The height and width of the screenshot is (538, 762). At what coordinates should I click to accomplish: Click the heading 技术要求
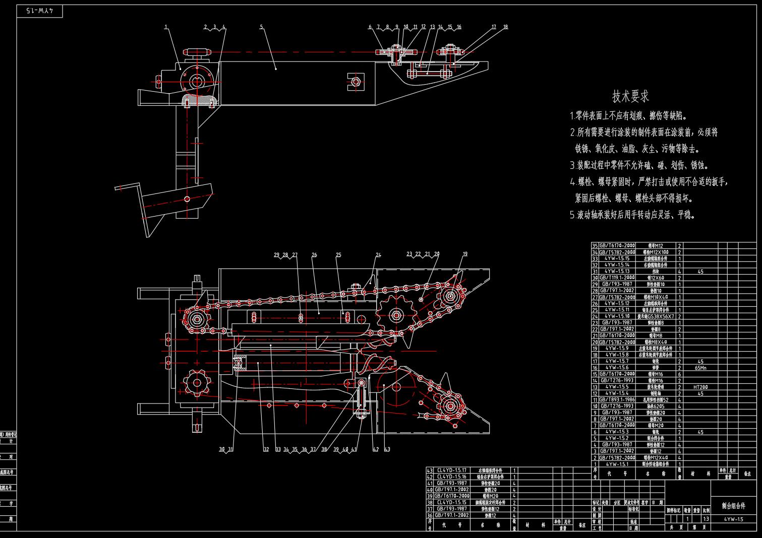click(630, 96)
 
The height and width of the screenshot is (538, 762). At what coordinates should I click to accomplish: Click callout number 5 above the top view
click(261, 27)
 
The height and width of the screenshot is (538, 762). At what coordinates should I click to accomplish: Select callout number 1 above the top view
click(166, 27)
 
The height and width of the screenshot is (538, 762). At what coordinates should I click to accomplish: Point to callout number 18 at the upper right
click(505, 27)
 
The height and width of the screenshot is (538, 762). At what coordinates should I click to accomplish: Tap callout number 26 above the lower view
click(314, 255)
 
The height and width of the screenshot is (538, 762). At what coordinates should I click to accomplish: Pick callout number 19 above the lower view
click(465, 254)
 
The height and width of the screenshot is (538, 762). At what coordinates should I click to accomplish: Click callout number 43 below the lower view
click(387, 449)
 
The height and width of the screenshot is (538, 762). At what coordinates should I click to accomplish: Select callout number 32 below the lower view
click(266, 449)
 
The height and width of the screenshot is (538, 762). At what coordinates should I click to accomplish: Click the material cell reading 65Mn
click(700, 368)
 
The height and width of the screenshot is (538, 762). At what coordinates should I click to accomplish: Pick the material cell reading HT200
click(700, 387)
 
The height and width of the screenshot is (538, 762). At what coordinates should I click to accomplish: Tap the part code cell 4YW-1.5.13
click(617, 272)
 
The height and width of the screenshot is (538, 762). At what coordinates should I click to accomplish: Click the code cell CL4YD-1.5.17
click(451, 470)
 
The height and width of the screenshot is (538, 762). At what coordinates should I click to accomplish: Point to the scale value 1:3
click(706, 518)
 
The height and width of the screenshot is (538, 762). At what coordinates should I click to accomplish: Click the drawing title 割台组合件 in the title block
click(733, 505)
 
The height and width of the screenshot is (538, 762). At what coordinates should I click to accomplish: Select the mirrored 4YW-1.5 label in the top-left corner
click(40, 11)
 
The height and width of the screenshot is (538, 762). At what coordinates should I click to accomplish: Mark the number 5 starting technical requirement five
click(572, 215)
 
